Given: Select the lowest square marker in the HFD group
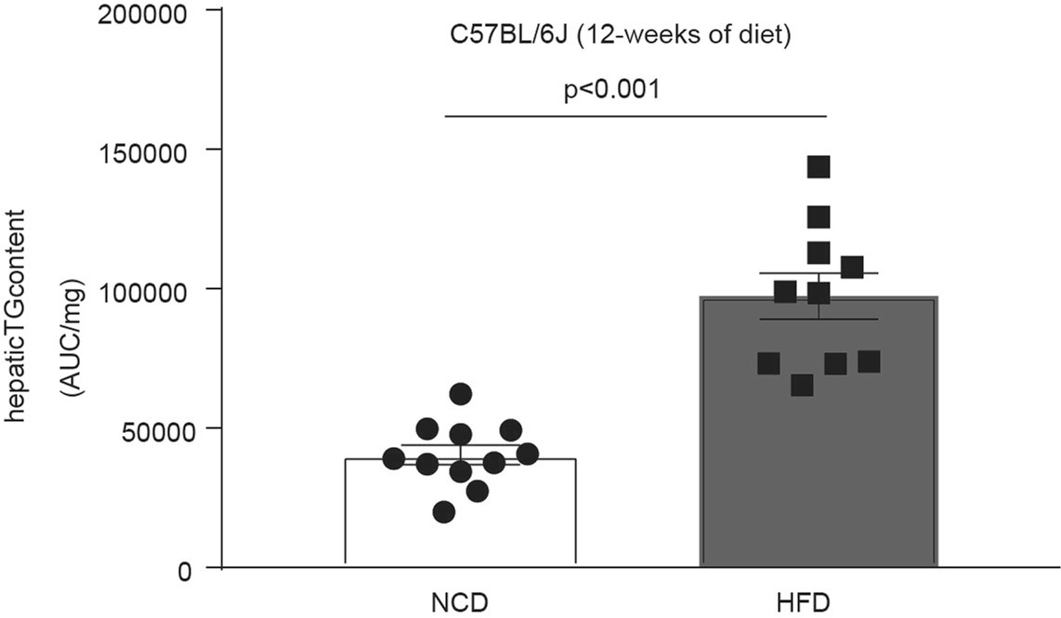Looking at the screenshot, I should point(802,385).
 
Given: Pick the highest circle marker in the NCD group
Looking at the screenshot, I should point(461,394).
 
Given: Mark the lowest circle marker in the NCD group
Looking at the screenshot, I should point(444,512).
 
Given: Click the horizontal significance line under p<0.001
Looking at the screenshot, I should point(635,116).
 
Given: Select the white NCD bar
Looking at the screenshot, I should point(460,530).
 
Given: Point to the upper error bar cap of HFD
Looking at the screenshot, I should point(819,273).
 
